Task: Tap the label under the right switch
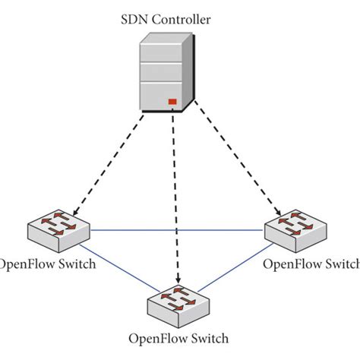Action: pyautogui.click(x=310, y=264)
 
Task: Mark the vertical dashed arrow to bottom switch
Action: pyautogui.click(x=176, y=197)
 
